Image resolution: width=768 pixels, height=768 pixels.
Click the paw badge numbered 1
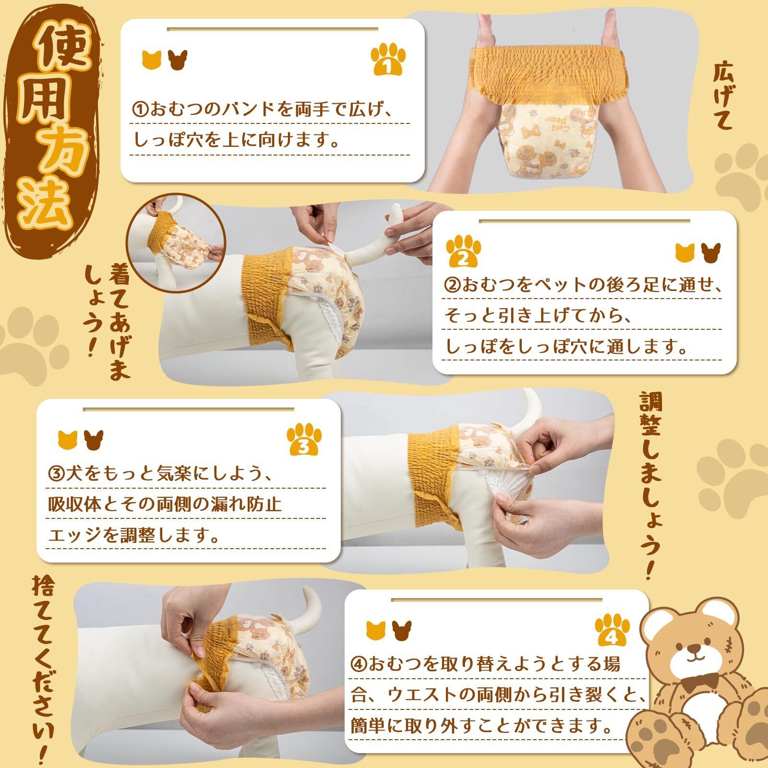(388, 60)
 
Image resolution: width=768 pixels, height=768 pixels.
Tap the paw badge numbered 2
(463, 251)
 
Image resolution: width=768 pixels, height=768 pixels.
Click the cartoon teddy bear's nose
(694, 648)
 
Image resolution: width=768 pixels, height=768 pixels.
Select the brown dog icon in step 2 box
(711, 253)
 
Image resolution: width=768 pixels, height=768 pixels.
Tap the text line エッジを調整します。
(134, 535)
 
